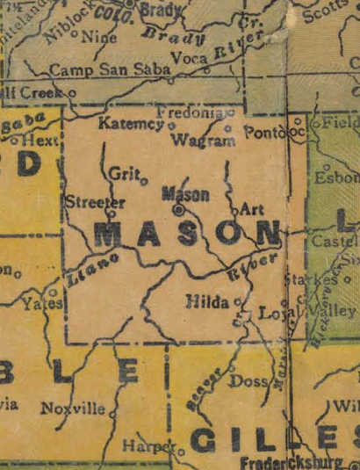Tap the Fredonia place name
pyautogui.click(x=191, y=113)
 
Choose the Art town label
pyautogui.click(x=251, y=210)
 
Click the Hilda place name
pyautogui.click(x=208, y=301)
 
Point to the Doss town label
pyautogui.click(x=248, y=381)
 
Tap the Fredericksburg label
pyautogui.click(x=293, y=462)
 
